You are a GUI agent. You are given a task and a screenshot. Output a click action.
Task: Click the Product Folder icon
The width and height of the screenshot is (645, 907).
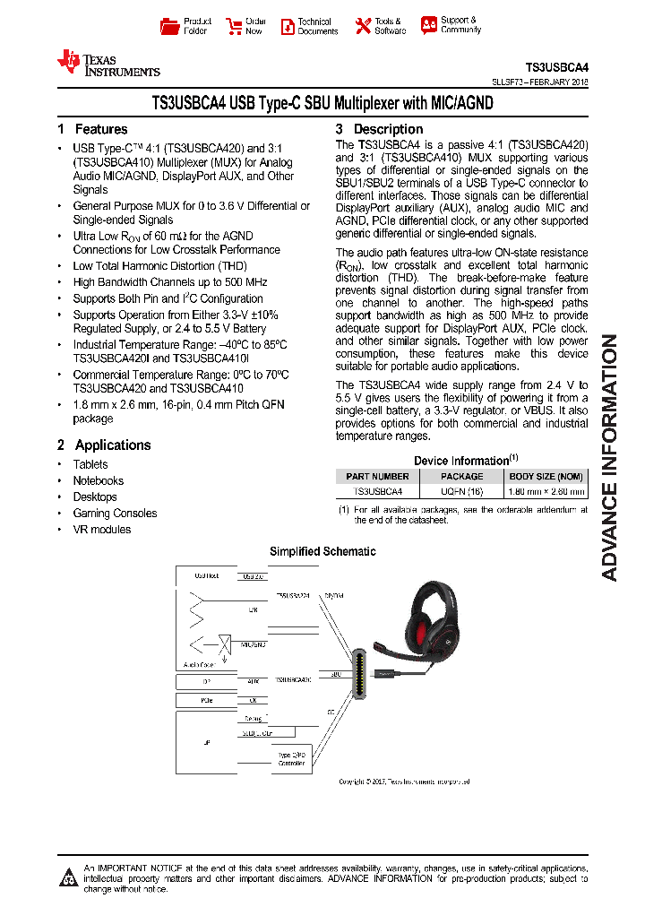pos(169,26)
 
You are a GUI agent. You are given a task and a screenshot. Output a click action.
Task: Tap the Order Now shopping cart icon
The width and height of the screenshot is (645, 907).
pos(234,26)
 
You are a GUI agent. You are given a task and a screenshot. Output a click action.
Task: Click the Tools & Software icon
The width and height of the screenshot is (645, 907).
pos(362,26)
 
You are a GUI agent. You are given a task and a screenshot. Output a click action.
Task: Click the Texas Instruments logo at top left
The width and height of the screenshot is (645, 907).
pos(107,63)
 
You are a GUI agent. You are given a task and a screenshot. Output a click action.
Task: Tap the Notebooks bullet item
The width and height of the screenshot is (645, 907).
pos(98,480)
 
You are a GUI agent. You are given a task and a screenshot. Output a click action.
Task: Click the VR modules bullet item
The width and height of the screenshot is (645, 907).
pos(101,529)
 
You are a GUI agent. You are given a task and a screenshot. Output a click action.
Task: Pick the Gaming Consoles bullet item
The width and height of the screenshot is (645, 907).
pos(115,513)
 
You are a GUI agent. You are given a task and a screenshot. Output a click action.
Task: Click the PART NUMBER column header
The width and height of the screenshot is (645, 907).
pos(377,476)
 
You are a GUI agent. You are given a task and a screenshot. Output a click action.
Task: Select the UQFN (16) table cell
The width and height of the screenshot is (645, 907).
pos(461,491)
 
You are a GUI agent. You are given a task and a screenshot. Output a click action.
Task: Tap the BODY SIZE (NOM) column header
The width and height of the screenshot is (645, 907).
pos(546,476)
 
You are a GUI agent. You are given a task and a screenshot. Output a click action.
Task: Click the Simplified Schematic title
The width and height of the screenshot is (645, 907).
pos(322,551)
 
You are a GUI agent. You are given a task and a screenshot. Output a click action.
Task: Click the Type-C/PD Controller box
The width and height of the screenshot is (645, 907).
pos(292,760)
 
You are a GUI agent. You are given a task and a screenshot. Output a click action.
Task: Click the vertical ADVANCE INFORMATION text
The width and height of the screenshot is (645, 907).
pos(609,457)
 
